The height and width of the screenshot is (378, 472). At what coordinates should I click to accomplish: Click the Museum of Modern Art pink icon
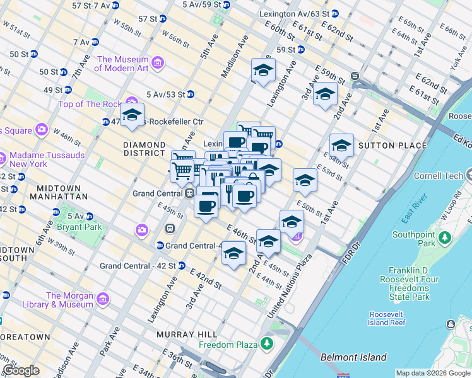[x=157, y=62]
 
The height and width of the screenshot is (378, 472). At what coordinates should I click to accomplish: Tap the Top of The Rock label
[x=91, y=104]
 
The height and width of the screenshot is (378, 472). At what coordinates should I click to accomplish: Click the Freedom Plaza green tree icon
[x=268, y=344]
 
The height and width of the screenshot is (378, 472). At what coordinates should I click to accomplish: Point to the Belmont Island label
[x=353, y=357]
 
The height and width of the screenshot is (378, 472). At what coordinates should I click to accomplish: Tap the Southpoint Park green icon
[x=445, y=239]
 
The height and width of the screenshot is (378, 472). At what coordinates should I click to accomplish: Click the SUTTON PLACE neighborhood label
[x=384, y=146]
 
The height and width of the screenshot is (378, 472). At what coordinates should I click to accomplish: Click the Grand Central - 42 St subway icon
[x=182, y=266]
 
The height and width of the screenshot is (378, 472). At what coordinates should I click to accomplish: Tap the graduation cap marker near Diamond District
[x=133, y=115]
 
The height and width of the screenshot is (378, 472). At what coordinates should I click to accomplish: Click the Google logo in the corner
[x=21, y=370]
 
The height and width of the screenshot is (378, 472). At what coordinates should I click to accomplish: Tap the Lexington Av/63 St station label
[x=294, y=13]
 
